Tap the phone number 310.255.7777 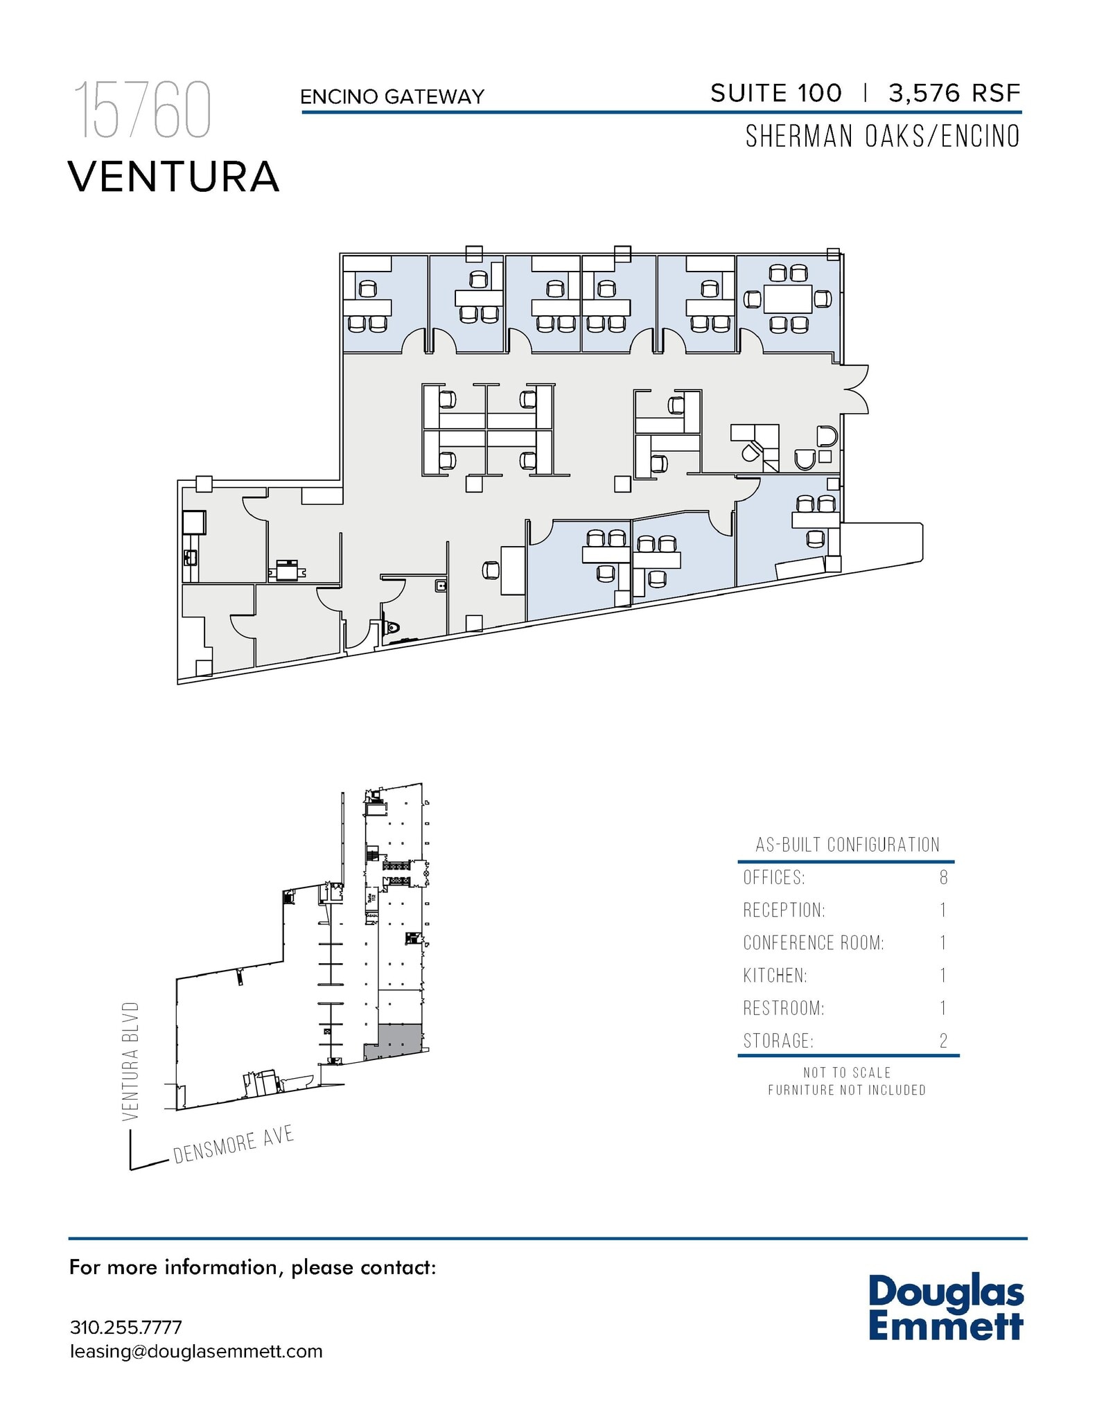[x=126, y=1328]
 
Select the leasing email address [x=196, y=1351]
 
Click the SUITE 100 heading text [x=775, y=94]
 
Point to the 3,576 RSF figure [x=954, y=94]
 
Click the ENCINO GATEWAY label [x=392, y=97]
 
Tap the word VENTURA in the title [x=173, y=177]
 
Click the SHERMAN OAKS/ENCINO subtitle [x=882, y=136]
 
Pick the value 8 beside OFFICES [x=943, y=878]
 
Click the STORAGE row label [x=778, y=1041]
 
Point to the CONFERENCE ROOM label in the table [x=813, y=943]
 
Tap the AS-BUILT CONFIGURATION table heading [x=847, y=845]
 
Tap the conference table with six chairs [x=788, y=299]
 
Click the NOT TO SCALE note [x=846, y=1073]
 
